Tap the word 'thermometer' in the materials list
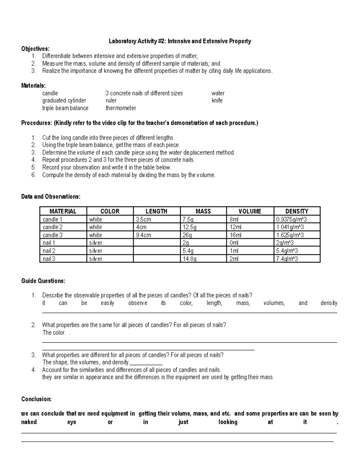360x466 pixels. coord(121,108)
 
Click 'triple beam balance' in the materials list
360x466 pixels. coord(65,108)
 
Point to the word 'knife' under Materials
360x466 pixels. coord(217,101)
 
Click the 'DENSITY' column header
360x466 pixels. coord(297,211)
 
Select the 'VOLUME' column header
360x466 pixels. coord(250,211)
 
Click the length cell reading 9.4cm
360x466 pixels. coord(143,235)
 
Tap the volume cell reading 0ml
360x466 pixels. coord(234,243)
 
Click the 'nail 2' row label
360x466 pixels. coord(49,251)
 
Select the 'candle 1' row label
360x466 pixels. coord(52,219)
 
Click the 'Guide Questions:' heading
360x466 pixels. coord(43,281)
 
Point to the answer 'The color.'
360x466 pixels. coord(54,332)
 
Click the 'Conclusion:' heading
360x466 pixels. coord(36,399)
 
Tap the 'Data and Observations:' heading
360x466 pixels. coord(51,197)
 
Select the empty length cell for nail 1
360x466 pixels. coord(157,243)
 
